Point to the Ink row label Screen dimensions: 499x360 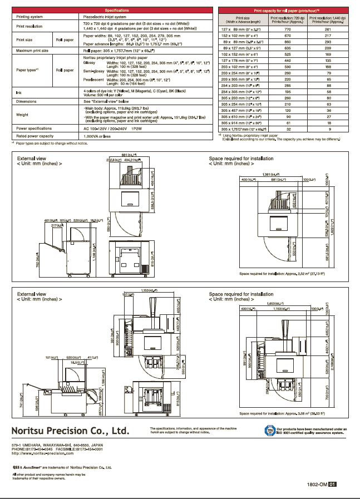(x=19, y=92)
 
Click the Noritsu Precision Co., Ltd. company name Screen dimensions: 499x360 (x=70, y=431)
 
